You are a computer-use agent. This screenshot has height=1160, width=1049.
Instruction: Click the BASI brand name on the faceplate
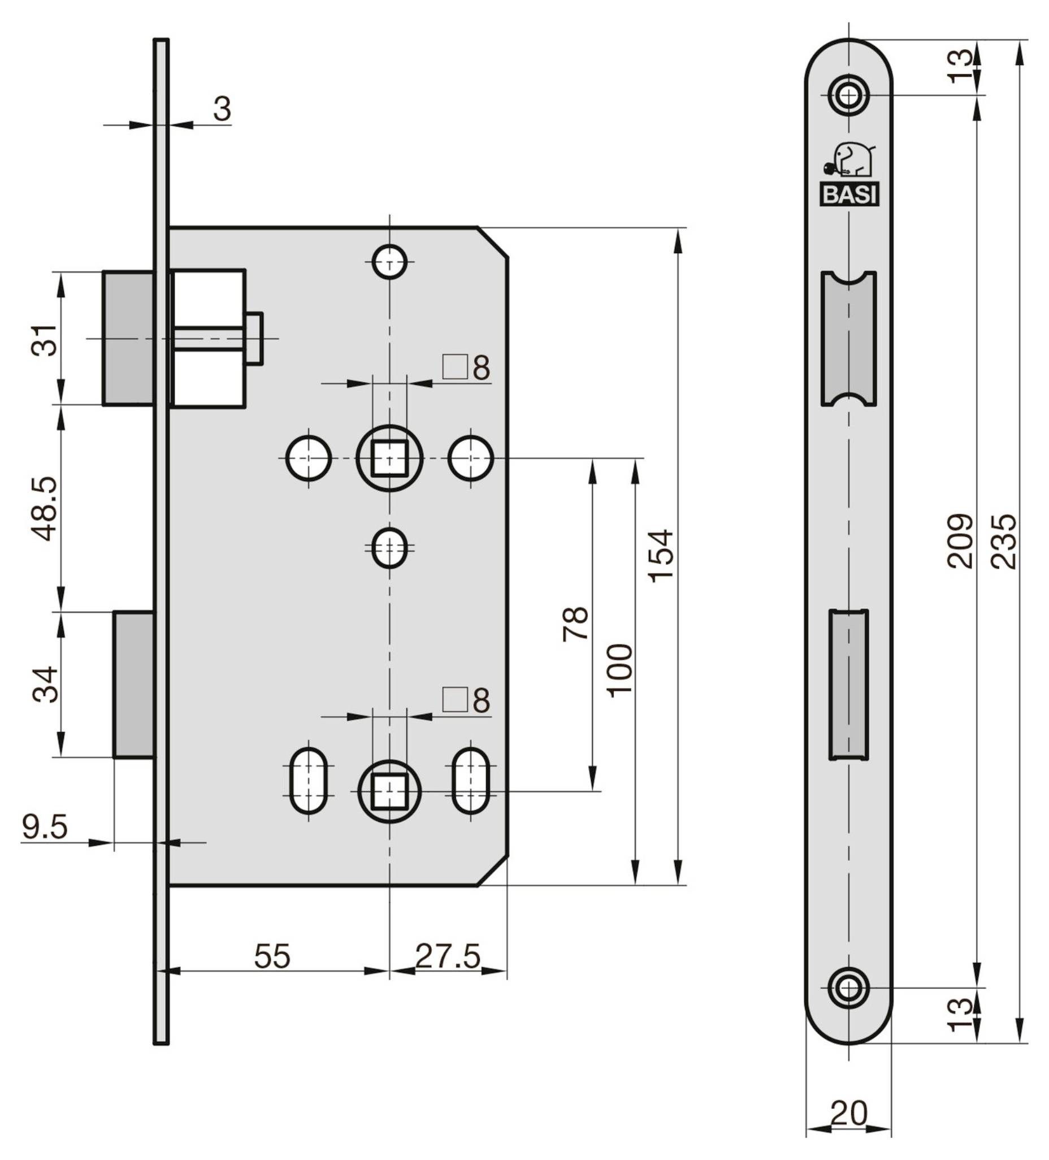[849, 196]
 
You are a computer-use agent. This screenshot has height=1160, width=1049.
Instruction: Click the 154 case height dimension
[660, 556]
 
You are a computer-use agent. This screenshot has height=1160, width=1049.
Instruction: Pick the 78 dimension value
[576, 623]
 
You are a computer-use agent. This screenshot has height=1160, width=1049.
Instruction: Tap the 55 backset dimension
[272, 956]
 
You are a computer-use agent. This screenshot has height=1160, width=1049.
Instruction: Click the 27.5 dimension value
[448, 956]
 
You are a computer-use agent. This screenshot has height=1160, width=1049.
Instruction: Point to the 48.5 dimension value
[45, 508]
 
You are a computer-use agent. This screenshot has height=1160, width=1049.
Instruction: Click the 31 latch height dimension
[45, 341]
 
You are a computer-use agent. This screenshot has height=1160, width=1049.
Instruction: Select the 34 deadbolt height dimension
[45, 684]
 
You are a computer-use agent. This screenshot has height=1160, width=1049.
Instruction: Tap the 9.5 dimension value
[45, 827]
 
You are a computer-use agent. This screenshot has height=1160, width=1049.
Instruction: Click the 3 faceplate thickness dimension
[222, 108]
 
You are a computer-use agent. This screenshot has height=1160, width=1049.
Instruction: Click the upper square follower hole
[389, 458]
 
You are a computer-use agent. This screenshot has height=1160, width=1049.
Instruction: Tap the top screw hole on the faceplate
[848, 96]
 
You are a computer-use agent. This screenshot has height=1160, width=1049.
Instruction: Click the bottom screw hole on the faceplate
[848, 988]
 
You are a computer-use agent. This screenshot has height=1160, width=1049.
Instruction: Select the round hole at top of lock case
[389, 262]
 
